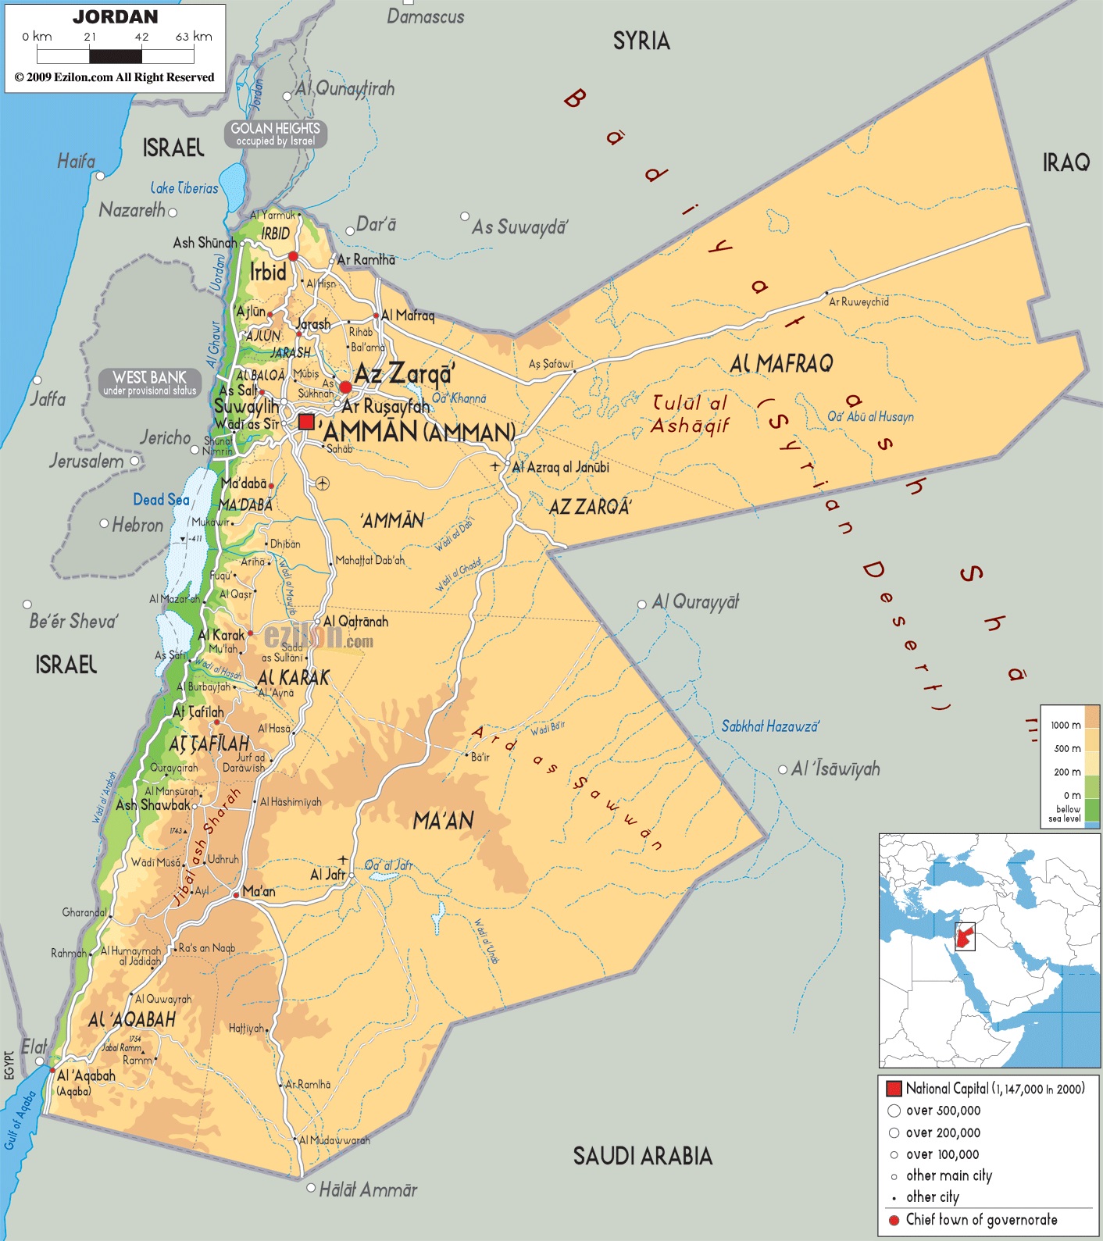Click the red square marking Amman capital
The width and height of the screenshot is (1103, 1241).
pyautogui.click(x=306, y=422)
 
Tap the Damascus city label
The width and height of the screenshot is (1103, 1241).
pyautogui.click(x=425, y=16)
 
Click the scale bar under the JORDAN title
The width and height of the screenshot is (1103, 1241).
pyautogui.click(x=116, y=56)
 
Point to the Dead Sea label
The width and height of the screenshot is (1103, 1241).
pyautogui.click(x=161, y=500)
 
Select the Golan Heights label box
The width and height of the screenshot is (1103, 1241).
pyautogui.click(x=276, y=134)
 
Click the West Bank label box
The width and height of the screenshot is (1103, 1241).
pyautogui.click(x=150, y=383)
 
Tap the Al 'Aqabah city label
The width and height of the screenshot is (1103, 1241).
pyautogui.click(x=86, y=1075)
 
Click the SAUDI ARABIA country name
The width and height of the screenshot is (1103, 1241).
pyautogui.click(x=642, y=1156)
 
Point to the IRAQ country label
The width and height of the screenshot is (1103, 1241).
pyautogui.click(x=1066, y=162)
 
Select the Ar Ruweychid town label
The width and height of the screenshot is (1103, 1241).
pyautogui.click(x=858, y=301)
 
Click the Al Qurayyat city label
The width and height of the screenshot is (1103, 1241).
pyautogui.click(x=695, y=602)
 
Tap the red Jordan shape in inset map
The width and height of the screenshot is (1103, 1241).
pyautogui.click(x=966, y=935)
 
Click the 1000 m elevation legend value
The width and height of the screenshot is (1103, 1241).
pyautogui.click(x=1066, y=725)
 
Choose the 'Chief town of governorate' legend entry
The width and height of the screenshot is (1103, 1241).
pyautogui.click(x=981, y=1219)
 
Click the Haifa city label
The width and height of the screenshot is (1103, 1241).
pyautogui.click(x=76, y=162)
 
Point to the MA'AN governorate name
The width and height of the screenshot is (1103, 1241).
pyautogui.click(x=443, y=821)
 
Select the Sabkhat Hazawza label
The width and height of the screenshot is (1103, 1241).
pyautogui.click(x=769, y=726)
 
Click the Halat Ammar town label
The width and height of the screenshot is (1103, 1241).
pyautogui.click(x=368, y=1189)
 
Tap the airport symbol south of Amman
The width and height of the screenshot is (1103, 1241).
pyautogui.click(x=323, y=483)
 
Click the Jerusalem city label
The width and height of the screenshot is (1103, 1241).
pyautogui.click(x=86, y=461)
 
